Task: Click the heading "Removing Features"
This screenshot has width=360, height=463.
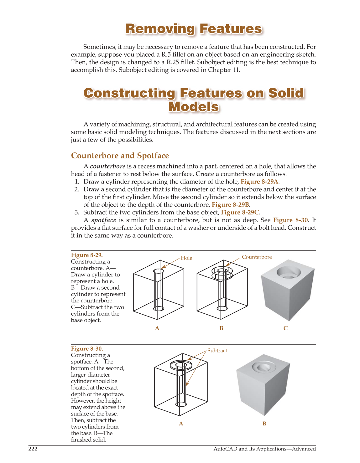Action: pos(193,29)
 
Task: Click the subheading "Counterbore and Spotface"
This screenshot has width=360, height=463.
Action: pos(120,156)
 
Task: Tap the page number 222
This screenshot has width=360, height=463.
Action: pos(33,449)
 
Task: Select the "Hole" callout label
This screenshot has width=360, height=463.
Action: pos(186,258)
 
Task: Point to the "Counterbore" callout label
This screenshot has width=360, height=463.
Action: pos(257,257)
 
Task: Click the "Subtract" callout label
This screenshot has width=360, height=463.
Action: pos(217,351)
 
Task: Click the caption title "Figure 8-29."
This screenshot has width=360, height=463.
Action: pos(87,255)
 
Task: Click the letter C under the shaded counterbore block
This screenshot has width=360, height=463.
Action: pos(285,328)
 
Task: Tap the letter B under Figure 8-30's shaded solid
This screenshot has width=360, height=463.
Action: pos(264,424)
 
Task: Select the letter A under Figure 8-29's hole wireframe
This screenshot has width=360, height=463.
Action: pos(157,328)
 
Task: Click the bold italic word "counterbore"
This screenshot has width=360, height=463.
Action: pos(107,166)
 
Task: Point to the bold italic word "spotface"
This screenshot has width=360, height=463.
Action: pos(104,220)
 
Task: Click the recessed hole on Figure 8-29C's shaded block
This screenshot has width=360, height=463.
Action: pos(289,273)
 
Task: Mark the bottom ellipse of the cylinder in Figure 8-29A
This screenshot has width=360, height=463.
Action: pos(159,308)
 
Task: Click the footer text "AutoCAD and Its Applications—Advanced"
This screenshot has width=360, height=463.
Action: pos(264,449)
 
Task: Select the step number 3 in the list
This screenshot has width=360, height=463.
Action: pos(77,212)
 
